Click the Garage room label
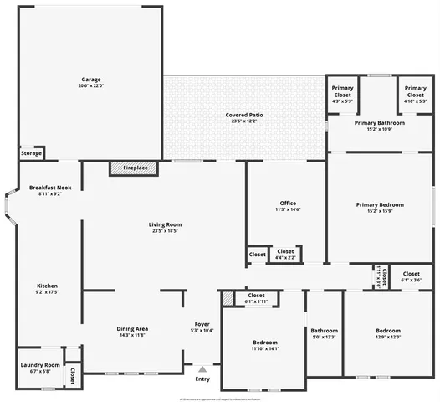tap(90, 80)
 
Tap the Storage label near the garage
tap(31, 153)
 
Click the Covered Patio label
tap(244, 115)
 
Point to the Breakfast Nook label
tap(50, 188)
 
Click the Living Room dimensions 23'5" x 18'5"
tap(166, 231)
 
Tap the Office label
tap(288, 204)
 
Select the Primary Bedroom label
tap(380, 205)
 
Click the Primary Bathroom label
tap(380, 122)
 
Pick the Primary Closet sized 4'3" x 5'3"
tap(343, 93)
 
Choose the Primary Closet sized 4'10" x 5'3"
tap(416, 93)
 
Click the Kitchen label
tap(47, 286)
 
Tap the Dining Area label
tap(132, 328)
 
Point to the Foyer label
tap(202, 324)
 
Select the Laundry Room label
tap(40, 365)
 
